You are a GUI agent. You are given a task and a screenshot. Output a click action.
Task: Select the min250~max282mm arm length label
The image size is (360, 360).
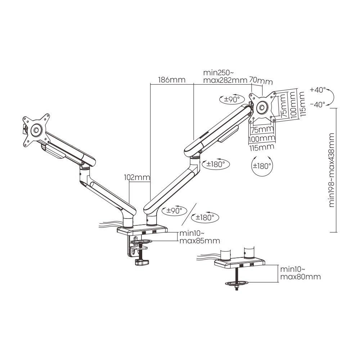click(225, 76)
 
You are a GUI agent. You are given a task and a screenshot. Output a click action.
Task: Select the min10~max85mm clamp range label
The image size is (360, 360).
click(199, 237)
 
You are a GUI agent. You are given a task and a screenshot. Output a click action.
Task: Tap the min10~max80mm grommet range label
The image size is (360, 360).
click(300, 273)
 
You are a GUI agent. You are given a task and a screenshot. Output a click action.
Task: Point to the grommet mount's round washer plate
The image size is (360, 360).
click(237, 284)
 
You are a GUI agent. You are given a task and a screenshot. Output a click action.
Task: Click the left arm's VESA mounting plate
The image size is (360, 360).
click(36, 130)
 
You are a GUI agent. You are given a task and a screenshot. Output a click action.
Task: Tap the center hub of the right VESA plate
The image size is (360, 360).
click(262, 107)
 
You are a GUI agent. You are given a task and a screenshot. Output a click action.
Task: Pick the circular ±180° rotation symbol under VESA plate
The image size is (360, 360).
click(261, 166)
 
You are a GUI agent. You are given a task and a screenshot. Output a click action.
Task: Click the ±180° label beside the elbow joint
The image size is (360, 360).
click(216, 164)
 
